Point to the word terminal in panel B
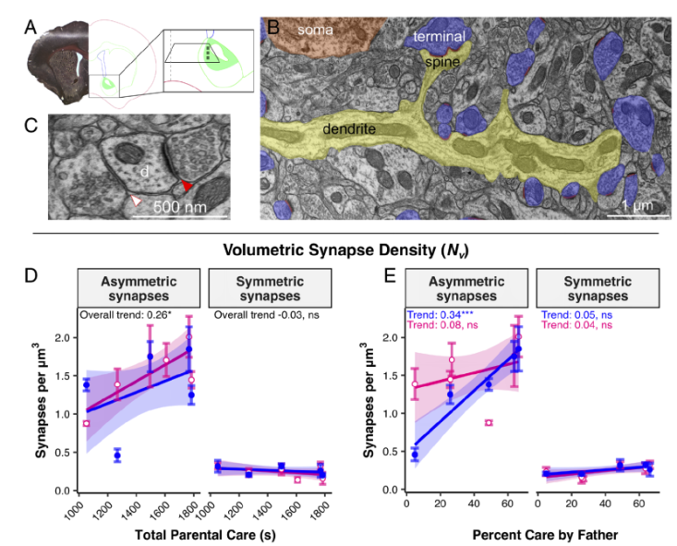[x=439, y=36]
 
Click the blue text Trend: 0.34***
[x=441, y=315]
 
